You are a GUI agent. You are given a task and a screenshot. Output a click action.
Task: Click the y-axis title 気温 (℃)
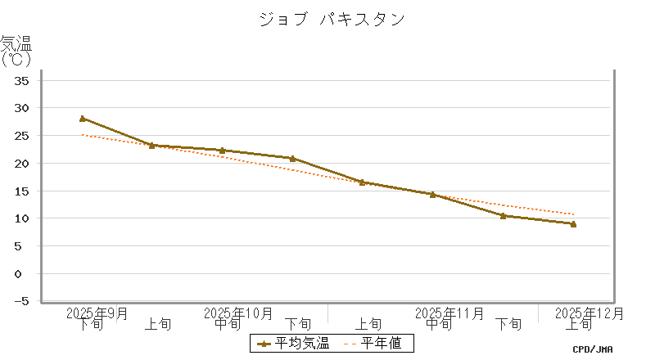[16, 51]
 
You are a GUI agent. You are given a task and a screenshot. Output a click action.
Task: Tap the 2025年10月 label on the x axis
[237, 313]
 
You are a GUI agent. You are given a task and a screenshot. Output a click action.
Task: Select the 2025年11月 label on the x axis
[449, 313]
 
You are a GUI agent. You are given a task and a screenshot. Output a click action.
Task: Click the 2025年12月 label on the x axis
[589, 313]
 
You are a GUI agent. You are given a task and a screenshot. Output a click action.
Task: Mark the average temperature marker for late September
[82, 119]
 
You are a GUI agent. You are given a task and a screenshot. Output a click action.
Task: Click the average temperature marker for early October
[152, 146]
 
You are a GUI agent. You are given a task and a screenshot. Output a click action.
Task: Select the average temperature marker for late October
[292, 158]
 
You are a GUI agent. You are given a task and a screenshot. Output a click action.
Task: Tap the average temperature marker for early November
[363, 182]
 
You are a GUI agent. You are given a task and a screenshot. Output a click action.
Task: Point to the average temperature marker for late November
[503, 216]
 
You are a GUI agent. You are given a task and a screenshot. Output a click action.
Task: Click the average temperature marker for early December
[573, 223]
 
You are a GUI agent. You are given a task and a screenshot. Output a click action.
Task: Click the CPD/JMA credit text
[593, 349]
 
